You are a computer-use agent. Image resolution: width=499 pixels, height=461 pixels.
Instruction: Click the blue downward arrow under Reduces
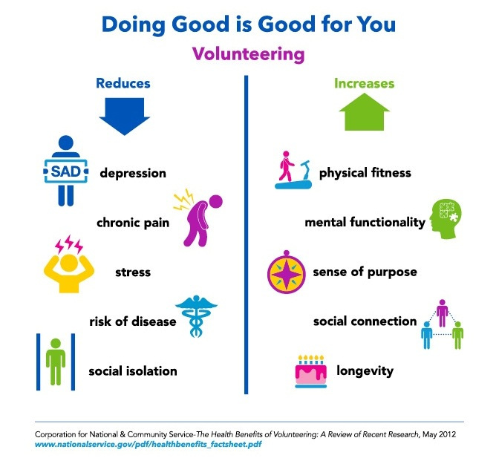pyautogui.click(x=125, y=116)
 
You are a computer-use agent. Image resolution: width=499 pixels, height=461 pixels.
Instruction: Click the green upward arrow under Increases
pyautogui.click(x=365, y=112)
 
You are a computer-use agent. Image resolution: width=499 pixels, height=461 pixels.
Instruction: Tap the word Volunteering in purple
pyautogui.click(x=249, y=54)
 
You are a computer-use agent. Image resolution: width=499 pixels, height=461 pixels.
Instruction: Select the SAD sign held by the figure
pyautogui.click(x=66, y=171)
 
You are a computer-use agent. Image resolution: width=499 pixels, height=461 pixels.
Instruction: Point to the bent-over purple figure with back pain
pyautogui.click(x=200, y=220)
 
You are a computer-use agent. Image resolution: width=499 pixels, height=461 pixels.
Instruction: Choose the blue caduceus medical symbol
pyautogui.click(x=196, y=316)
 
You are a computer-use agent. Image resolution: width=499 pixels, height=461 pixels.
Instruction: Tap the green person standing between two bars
pyautogui.click(x=56, y=362)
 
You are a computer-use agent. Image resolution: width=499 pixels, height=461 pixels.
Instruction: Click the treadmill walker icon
pyautogui.click(x=293, y=170)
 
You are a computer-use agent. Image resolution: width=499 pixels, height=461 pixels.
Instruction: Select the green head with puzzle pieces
pyautogui.click(x=446, y=219)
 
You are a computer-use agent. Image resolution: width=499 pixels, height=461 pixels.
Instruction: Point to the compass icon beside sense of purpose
pyautogui.click(x=287, y=272)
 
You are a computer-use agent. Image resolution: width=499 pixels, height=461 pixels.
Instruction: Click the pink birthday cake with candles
pyautogui.click(x=311, y=372)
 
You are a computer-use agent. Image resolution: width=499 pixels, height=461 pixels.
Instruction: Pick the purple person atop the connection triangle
pyautogui.click(x=443, y=313)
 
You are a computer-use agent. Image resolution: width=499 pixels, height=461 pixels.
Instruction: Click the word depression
pyautogui.click(x=133, y=174)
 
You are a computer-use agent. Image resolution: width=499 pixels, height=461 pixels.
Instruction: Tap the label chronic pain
pyautogui.click(x=133, y=223)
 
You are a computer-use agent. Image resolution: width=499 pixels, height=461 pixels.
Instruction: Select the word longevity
pyautogui.click(x=365, y=371)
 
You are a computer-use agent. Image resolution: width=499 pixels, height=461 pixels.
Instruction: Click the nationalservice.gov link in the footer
pyautogui.click(x=148, y=444)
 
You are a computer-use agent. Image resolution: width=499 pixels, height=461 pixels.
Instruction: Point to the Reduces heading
pyautogui.click(x=123, y=83)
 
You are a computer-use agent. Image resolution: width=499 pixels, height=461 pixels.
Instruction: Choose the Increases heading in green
pyautogui.click(x=365, y=83)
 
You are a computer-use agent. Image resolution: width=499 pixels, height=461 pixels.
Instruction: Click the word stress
pyautogui.click(x=133, y=272)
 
